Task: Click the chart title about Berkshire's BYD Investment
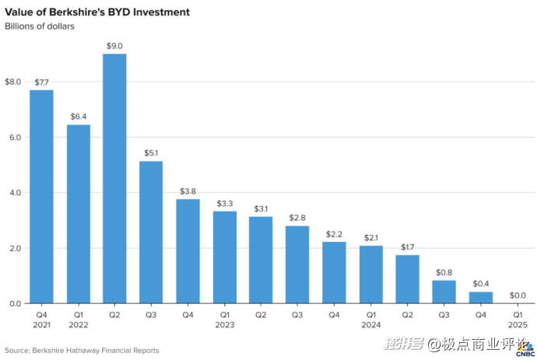coord(97,13)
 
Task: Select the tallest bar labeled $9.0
coord(114,178)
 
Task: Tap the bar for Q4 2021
coord(41,196)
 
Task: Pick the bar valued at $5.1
coord(151,232)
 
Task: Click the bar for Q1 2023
coord(224,257)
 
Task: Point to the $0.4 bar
coord(480,297)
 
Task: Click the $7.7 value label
coord(41,82)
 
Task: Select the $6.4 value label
coord(78,117)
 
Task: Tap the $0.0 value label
coord(517,295)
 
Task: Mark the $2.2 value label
coord(334,233)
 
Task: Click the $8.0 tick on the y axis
coord(13,82)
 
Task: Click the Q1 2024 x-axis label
coord(370,320)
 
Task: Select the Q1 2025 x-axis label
coord(517,320)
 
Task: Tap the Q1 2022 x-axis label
coord(78,320)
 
